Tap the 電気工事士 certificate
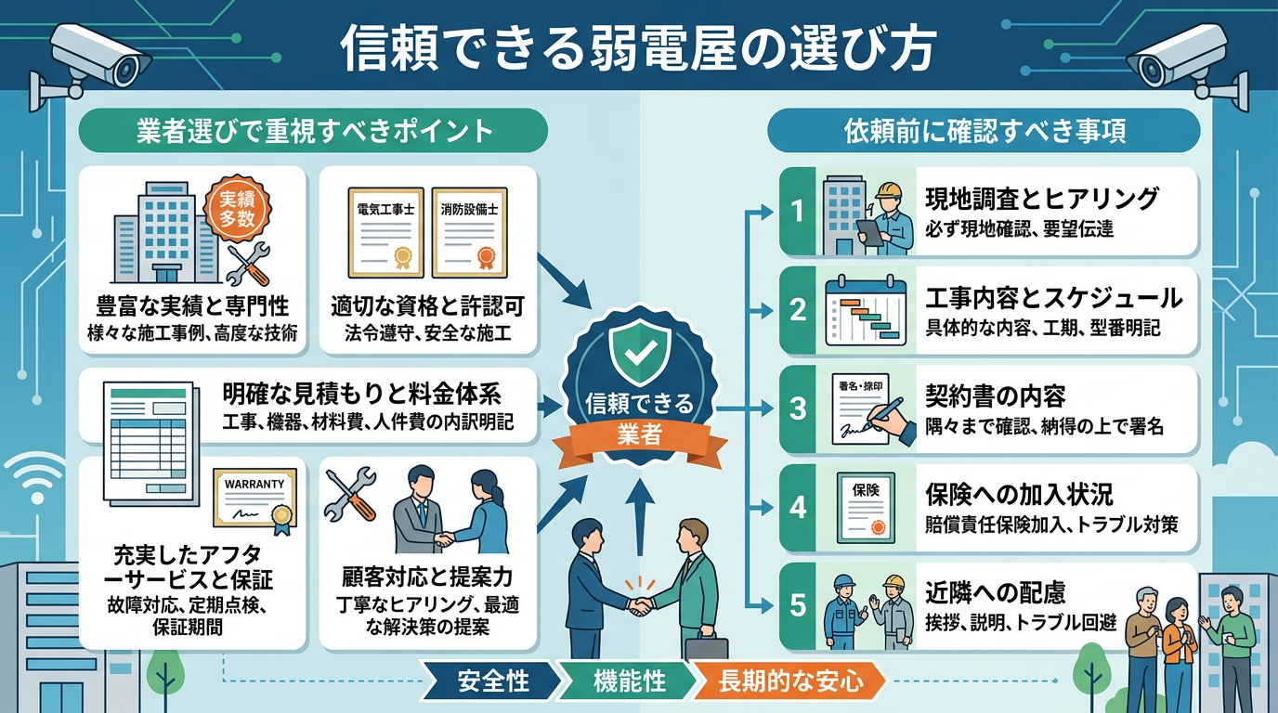[385, 234]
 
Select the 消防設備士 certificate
[469, 234]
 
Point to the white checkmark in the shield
[638, 351]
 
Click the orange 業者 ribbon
[638, 434]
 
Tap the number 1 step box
[796, 212]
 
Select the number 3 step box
[796, 409]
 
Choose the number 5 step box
[796, 606]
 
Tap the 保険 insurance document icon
[865, 508]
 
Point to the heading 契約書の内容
[995, 396]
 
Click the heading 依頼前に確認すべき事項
[985, 131]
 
